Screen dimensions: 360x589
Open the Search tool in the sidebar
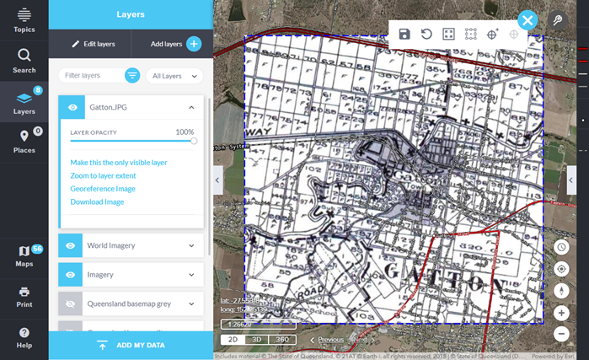pyautogui.click(x=24, y=60)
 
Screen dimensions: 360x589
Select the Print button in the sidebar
pyautogui.click(x=24, y=295)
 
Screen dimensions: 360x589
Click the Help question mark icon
pyautogui.click(x=24, y=336)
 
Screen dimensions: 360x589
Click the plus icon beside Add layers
pyautogui.click(x=193, y=43)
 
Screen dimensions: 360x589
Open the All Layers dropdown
pyautogui.click(x=174, y=76)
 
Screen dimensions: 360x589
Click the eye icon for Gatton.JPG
pyautogui.click(x=72, y=107)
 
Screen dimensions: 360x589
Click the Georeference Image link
pyautogui.click(x=103, y=189)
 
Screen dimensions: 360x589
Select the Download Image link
pyautogui.click(x=97, y=202)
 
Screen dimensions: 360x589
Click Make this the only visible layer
pyautogui.click(x=119, y=163)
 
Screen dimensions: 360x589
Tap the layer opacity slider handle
pyautogui.click(x=194, y=142)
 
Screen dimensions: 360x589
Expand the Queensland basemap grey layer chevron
pyautogui.click(x=191, y=304)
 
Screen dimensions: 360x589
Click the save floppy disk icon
pyautogui.click(x=404, y=34)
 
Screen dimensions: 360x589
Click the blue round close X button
pyautogui.click(x=527, y=20)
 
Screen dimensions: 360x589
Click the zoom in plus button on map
pyautogui.click(x=562, y=313)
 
